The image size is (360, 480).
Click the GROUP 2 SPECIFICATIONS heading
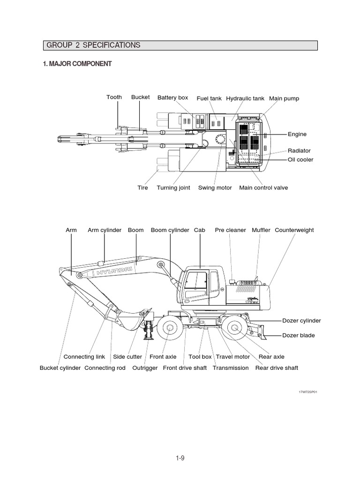point(93,45)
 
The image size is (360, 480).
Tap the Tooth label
point(114,97)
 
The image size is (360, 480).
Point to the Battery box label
point(172,97)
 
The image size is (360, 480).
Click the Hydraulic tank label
point(245,98)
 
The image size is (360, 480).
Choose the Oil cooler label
point(300,160)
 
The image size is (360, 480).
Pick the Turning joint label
point(173,188)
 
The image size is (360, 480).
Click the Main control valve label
point(263,188)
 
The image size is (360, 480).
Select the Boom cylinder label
point(170,230)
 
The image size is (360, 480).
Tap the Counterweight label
point(294,230)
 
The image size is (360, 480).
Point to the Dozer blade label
point(299,336)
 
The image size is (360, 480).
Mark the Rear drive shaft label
point(277,368)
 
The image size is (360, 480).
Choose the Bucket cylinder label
point(60,368)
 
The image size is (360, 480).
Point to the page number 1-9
point(180,458)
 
